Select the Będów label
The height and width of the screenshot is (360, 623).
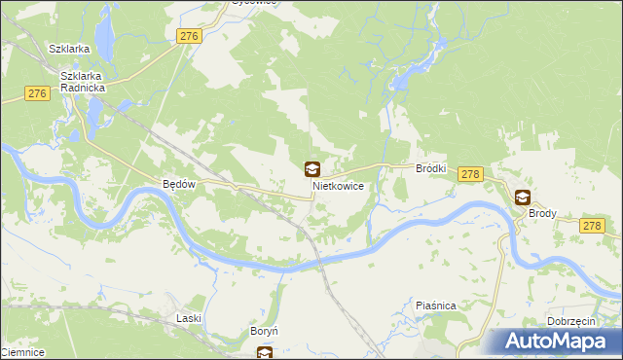(x=179, y=184)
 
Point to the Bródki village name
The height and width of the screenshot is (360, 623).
(x=430, y=168)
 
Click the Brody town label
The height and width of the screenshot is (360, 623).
(x=542, y=212)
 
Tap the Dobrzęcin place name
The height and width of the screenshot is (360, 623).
(x=571, y=321)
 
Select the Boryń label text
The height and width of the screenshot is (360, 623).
(x=265, y=332)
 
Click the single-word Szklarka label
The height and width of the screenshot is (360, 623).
(x=70, y=49)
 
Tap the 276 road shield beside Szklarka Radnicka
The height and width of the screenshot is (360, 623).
(x=37, y=93)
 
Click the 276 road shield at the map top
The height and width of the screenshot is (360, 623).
(x=189, y=36)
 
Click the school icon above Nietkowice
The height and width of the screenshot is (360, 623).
(x=311, y=169)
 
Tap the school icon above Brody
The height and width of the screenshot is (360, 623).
(x=523, y=197)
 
